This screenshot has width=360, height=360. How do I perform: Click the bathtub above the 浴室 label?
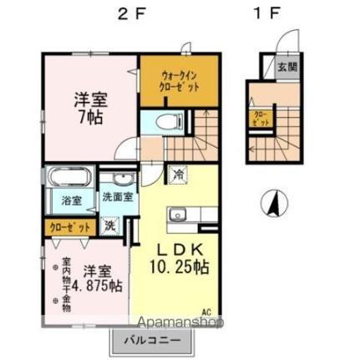(x=70, y=178)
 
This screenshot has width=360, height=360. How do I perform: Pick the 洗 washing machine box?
(x=110, y=224)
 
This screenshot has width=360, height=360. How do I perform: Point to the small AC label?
(x=206, y=313)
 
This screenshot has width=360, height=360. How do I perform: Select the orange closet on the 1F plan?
(x=259, y=117)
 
